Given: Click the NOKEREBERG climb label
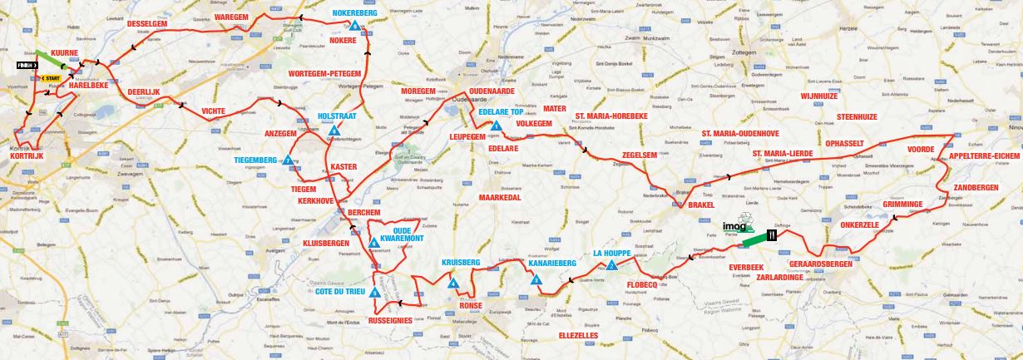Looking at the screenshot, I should tap(356, 13).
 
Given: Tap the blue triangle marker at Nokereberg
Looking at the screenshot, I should tap(355, 27).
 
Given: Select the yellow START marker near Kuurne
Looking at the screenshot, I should tap(51, 78).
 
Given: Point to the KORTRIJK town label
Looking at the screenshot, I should tap(26, 155).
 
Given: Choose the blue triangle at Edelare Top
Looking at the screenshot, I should tap(496, 126).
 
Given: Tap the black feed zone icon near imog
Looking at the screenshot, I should tap(772, 235).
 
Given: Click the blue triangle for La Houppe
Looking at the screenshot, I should tap(611, 266).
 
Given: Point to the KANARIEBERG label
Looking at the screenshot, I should tap(552, 264).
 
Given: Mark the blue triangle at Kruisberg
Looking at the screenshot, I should tap(453, 284).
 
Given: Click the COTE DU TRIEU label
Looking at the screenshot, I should tap(343, 292).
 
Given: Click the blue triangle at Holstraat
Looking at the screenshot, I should tap(334, 131).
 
